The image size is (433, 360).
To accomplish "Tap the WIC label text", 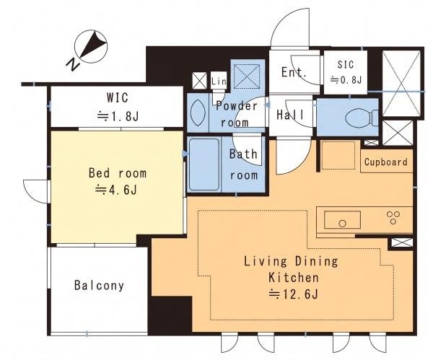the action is point(118,97).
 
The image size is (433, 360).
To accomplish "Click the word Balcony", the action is point(99,286).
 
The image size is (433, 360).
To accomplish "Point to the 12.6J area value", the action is point(294,294).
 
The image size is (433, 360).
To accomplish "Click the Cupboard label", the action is point(386,162).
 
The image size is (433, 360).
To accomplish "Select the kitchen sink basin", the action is point(342,220).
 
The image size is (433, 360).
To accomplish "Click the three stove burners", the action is point(393,217).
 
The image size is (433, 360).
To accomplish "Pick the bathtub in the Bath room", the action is point(204,164).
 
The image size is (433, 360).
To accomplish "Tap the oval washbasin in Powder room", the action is point(198,113).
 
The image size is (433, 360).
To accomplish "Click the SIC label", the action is point(346,65).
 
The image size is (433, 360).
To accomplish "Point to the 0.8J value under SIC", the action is point(346,80).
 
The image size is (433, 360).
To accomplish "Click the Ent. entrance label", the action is point(294,72).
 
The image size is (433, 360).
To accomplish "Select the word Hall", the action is point(290,114).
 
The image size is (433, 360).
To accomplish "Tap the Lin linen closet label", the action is point(219,82).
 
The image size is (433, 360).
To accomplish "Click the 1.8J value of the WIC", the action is point(118,116).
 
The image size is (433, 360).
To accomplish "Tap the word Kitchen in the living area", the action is point(294,278).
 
